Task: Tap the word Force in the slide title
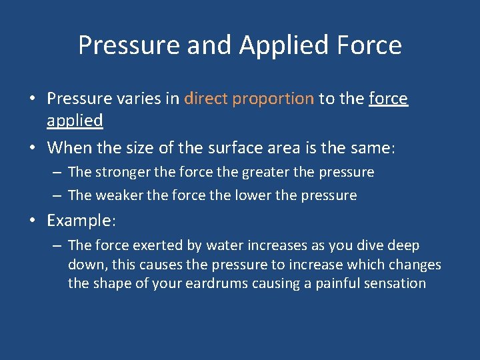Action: tap(369, 45)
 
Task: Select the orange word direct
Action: tap(207, 99)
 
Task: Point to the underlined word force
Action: tap(388, 99)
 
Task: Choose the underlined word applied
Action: tap(75, 121)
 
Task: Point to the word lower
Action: tap(251, 195)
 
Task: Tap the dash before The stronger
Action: tap(57, 173)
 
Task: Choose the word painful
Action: tap(339, 283)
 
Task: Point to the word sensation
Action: tap(396, 283)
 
